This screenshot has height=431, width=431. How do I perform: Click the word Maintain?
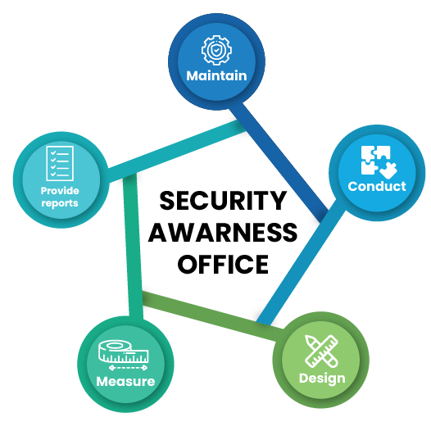(216, 75)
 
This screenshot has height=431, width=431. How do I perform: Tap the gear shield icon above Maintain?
(216, 50)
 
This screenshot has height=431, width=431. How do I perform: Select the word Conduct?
(377, 186)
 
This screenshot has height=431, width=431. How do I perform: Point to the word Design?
(322, 379)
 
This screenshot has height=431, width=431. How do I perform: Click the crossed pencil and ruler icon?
(321, 351)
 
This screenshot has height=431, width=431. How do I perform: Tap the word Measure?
(125, 381)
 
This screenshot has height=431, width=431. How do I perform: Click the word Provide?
(60, 190)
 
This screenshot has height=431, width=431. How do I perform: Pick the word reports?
(60, 203)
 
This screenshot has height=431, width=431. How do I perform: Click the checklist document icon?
(60, 163)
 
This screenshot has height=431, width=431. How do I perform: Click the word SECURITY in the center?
(223, 201)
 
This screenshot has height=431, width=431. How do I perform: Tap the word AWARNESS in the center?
(223, 232)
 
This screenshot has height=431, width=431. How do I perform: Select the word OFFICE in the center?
(223, 264)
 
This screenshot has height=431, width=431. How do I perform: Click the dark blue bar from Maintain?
(279, 162)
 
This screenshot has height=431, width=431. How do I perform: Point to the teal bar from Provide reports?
(176, 152)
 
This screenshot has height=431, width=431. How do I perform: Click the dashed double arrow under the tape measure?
(128, 368)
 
